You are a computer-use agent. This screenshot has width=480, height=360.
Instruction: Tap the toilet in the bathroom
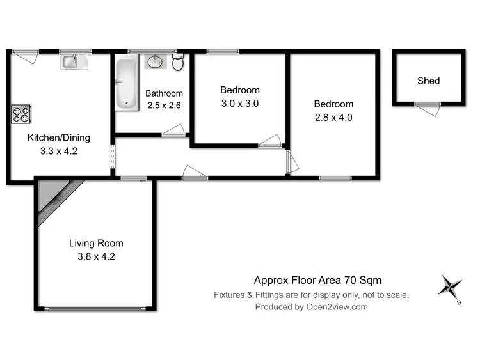(178, 63)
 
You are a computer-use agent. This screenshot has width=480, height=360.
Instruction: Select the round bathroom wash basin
(155, 62)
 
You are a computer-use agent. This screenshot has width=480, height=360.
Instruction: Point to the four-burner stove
(20, 114)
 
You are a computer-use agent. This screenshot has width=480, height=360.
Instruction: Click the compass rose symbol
(451, 286)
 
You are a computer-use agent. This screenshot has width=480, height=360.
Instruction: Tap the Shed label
(428, 81)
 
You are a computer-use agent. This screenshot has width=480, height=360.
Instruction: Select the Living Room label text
(96, 243)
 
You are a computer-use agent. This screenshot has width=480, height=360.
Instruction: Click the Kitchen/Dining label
(58, 137)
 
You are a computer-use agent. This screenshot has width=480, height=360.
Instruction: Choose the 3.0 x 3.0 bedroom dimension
(239, 104)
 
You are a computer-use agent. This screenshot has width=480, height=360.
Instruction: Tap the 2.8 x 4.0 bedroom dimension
(333, 117)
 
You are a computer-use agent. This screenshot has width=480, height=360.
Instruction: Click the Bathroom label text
(164, 93)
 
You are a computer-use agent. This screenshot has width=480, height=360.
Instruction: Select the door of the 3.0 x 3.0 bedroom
(269, 142)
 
